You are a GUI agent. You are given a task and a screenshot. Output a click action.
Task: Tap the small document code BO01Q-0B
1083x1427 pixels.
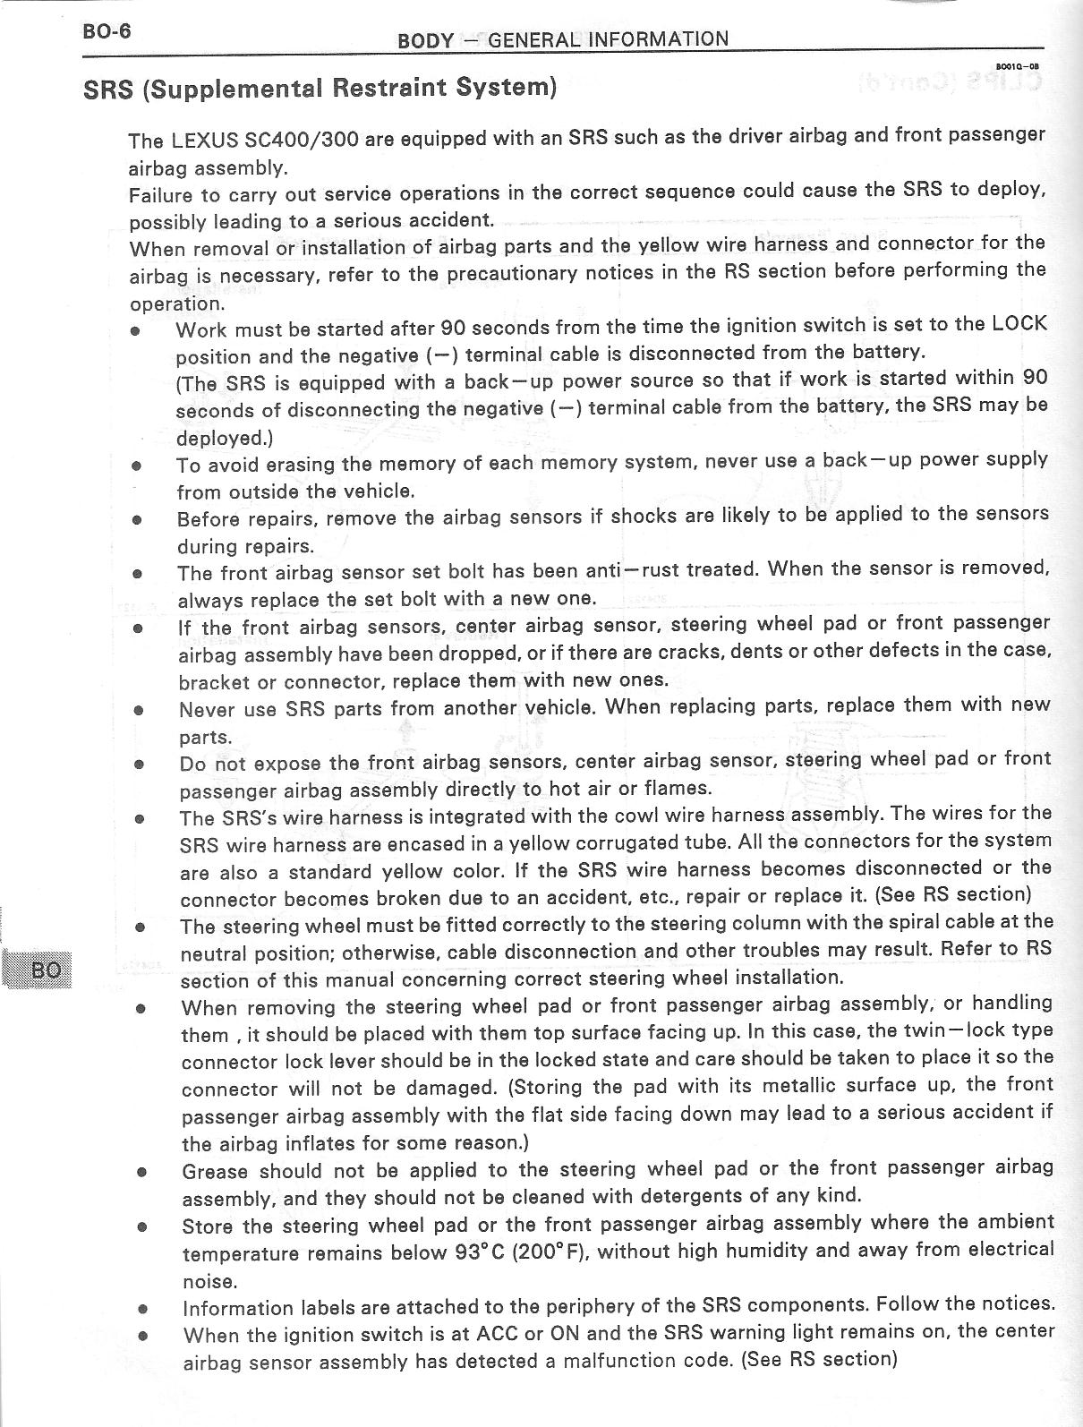[x=1017, y=65]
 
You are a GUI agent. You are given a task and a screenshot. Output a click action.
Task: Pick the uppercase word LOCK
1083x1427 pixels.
[x=1019, y=323]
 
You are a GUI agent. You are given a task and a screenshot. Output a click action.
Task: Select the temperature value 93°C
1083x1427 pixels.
[x=481, y=1252]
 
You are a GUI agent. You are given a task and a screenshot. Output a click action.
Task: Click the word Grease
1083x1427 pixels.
[x=215, y=1171]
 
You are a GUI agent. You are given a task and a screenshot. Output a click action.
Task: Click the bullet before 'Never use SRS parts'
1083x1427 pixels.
[x=139, y=710]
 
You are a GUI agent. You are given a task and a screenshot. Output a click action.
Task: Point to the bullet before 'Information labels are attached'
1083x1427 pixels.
[x=142, y=1308]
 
